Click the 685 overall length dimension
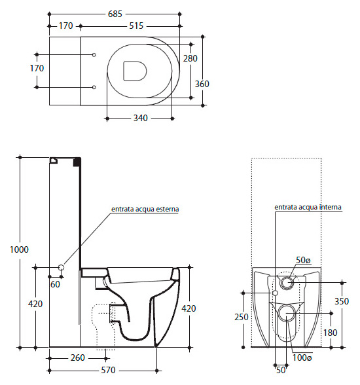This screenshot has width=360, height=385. (115, 14)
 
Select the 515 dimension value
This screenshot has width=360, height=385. (136, 26)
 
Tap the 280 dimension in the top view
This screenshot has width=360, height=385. (190, 58)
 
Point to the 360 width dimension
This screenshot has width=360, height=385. (202, 84)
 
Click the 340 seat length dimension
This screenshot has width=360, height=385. (140, 118)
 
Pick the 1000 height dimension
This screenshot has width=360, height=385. (19, 249)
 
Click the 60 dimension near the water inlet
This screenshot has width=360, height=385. (55, 284)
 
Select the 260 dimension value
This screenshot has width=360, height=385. (78, 357)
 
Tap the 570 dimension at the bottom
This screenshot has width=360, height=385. (108, 370)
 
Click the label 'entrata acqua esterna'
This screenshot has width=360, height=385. (145, 210)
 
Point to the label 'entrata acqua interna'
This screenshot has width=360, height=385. (308, 207)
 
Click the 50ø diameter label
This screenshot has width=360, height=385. (303, 260)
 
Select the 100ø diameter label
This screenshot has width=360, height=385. (302, 357)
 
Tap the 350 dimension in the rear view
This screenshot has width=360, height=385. (342, 301)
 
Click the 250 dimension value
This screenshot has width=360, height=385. (242, 317)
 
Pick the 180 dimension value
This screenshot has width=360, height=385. (330, 333)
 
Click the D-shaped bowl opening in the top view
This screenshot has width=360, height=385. (134, 71)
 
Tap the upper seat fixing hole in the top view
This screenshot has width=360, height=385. (94, 55)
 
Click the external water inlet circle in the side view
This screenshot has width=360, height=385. (62, 267)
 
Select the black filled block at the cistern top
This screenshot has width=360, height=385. (77, 162)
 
